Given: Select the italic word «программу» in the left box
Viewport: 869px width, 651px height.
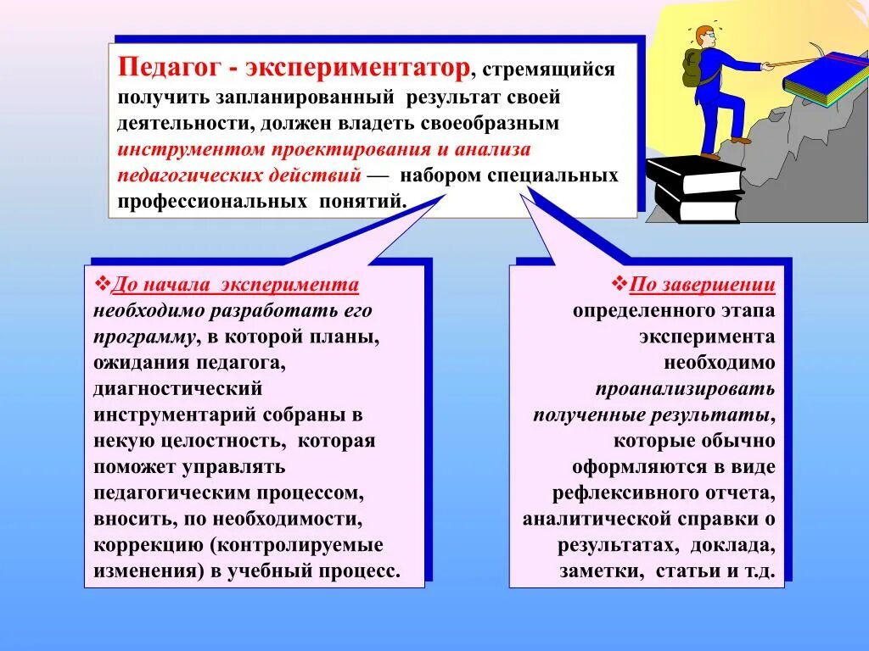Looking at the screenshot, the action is (x=144, y=337).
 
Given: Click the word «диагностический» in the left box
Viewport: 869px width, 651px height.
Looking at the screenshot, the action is (x=178, y=389).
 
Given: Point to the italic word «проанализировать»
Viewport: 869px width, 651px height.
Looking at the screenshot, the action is (x=685, y=389).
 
